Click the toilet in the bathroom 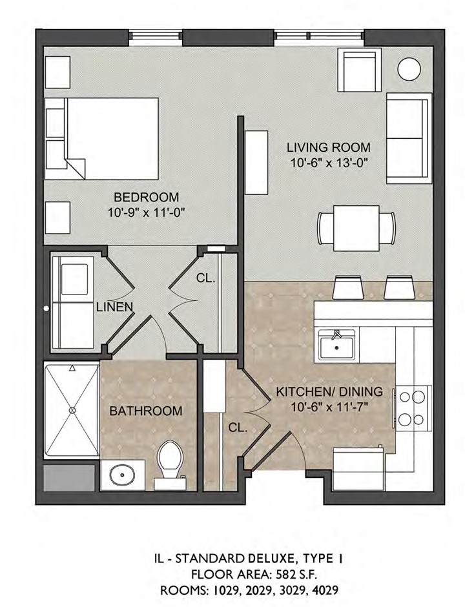coord(170,465)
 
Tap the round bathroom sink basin coord(122,475)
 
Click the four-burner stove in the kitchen coord(413,408)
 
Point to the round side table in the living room coord(409,69)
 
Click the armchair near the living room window coord(359,70)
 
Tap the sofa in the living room coord(409,138)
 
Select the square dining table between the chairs coord(356,229)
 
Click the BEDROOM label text coord(147,197)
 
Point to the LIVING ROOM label coord(329,147)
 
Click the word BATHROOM coord(145,411)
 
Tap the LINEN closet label coord(115,307)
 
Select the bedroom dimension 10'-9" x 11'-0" coord(146,212)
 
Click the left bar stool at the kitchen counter coord(348,287)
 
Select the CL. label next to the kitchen coord(238,427)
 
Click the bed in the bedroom coord(102,139)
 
